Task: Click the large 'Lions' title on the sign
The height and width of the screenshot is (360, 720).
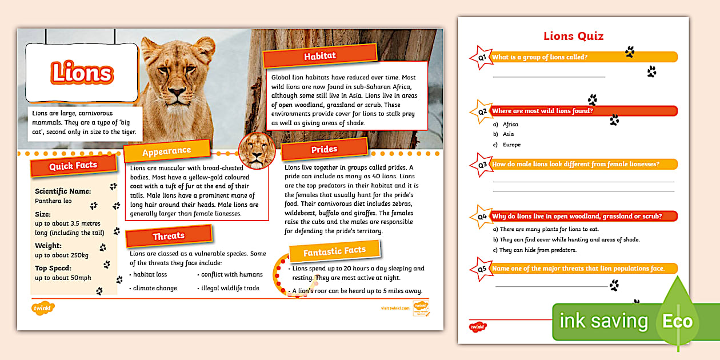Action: (82, 73)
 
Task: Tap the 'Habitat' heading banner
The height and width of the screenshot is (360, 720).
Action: (319, 56)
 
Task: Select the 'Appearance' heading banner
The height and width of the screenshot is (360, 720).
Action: (166, 151)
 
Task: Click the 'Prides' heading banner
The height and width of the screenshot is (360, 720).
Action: (324, 150)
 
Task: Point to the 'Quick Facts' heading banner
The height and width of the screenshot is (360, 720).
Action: (73, 166)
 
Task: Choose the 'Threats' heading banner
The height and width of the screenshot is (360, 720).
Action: (169, 235)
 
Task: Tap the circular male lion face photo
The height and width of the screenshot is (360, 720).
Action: (257, 150)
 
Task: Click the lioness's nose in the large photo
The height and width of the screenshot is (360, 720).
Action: (178, 93)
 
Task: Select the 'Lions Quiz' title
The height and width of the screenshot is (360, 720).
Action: (573, 37)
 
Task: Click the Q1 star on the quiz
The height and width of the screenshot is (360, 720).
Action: (481, 58)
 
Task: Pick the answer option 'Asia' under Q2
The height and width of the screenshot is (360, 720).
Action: (508, 134)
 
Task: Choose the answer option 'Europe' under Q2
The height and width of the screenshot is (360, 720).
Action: (511, 145)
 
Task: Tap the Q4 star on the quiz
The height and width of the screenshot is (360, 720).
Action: (481, 217)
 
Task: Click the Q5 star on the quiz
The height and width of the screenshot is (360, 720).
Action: (481, 269)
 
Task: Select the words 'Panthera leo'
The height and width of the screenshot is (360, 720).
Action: (53, 201)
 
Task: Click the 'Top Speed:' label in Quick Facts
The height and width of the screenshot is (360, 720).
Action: (53, 268)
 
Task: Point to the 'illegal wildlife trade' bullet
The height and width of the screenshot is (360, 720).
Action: (230, 288)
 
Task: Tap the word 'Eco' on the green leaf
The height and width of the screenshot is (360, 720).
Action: (677, 321)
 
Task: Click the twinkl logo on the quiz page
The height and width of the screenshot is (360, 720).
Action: (478, 327)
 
